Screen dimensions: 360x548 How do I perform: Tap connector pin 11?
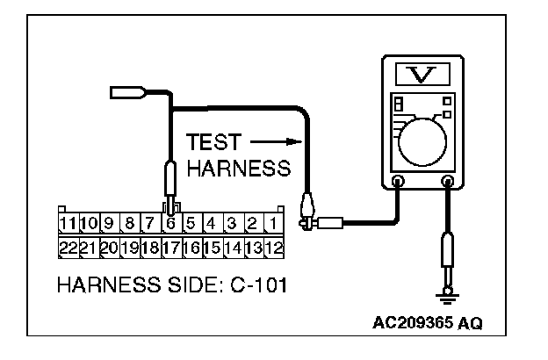(68, 223)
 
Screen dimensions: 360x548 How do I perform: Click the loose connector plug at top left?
(125, 91)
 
